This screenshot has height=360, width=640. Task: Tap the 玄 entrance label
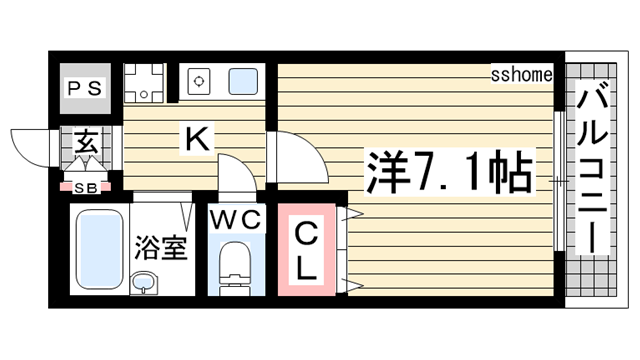pyautogui.click(x=87, y=143)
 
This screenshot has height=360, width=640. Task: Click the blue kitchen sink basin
pyautogui.click(x=243, y=81)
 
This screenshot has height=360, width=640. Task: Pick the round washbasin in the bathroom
pyautogui.click(x=145, y=281)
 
